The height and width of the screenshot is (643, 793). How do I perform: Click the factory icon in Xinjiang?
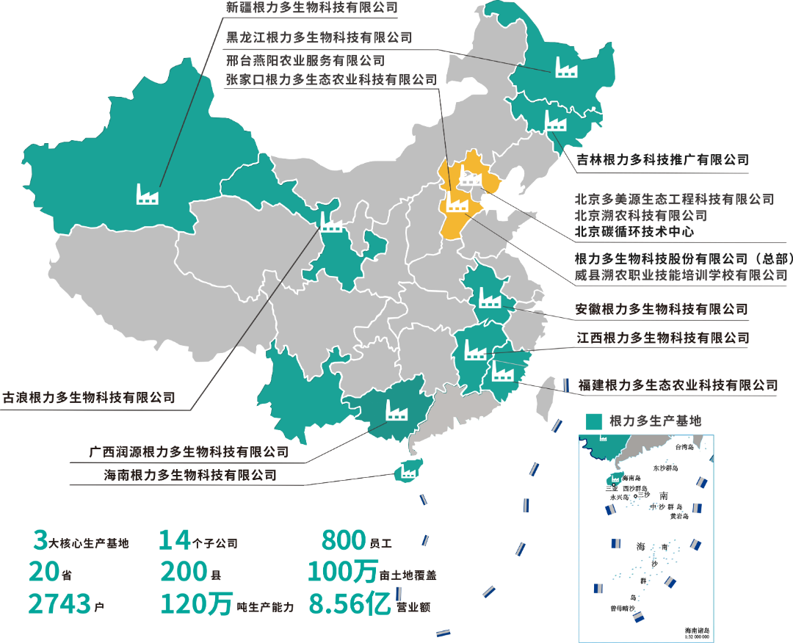(148, 194)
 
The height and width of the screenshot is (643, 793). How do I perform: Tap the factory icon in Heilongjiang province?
(565, 67)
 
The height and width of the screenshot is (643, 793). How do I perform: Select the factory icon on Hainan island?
(405, 472)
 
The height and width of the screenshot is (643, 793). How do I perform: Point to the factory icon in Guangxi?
(397, 410)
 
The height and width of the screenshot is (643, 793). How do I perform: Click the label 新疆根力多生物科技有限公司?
(311, 9)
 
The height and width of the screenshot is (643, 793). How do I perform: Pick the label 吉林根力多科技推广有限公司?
(662, 159)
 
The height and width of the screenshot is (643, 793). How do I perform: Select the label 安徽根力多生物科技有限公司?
(661, 309)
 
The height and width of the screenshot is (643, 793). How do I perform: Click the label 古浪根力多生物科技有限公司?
(90, 398)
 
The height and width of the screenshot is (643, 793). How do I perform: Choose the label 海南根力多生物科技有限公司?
(190, 475)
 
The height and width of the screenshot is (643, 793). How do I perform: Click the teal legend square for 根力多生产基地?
(595, 421)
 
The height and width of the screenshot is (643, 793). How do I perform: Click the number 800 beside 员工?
(344, 541)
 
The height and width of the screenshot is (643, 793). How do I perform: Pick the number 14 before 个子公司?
(175, 541)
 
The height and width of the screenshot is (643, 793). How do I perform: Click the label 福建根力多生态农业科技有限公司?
(676, 385)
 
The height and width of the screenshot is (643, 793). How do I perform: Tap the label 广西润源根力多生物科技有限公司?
(189, 451)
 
